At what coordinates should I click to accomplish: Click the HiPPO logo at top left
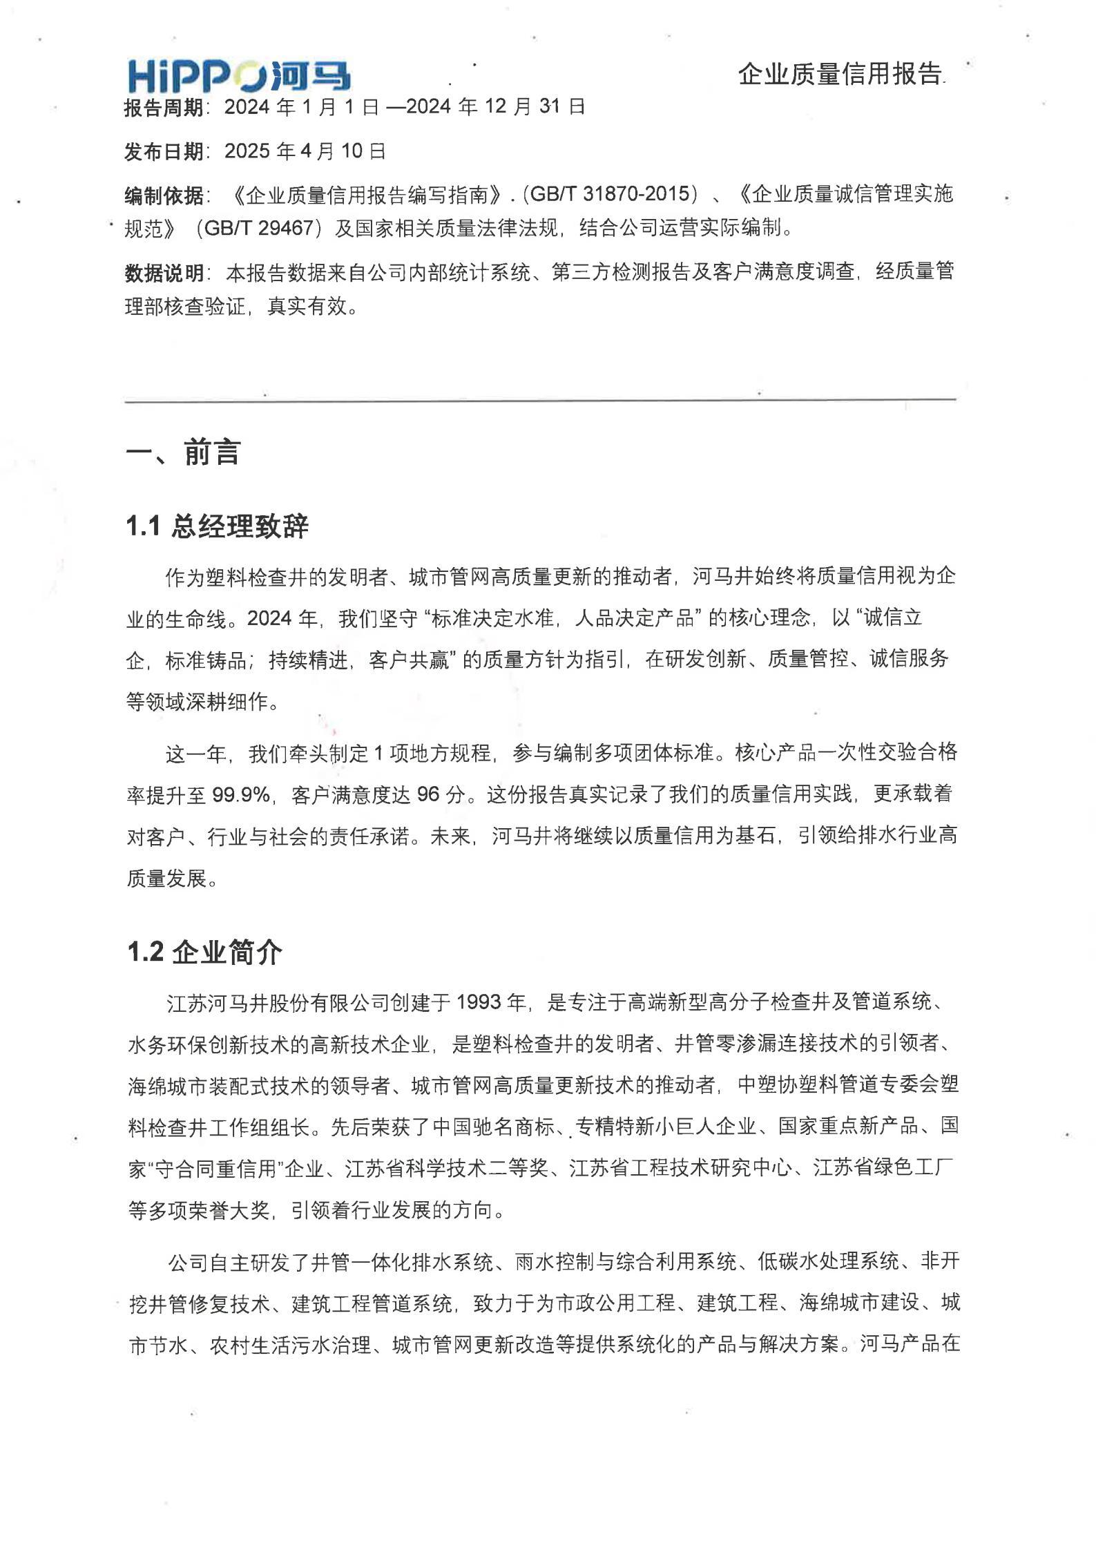coord(238,76)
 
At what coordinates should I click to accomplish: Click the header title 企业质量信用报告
coord(840,74)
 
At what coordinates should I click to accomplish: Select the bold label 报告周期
coord(164,108)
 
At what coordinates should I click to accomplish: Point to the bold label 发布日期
coord(164,152)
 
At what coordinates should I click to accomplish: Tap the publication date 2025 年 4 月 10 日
coord(305,151)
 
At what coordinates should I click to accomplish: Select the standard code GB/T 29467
coord(260,229)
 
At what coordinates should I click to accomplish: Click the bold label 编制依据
coord(164,196)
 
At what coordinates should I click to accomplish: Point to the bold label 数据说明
coord(164,273)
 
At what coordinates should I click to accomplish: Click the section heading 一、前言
coord(183,453)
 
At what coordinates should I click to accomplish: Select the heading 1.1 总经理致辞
coord(217,527)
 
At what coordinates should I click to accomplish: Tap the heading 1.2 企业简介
coord(204,953)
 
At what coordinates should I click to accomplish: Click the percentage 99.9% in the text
coord(240,795)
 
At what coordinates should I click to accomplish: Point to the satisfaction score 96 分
coord(441,795)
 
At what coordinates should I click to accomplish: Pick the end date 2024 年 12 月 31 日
coord(496,107)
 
